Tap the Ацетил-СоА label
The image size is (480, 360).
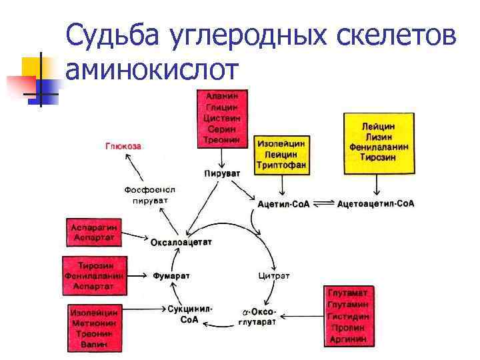click(x=284, y=203)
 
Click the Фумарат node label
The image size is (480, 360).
click(x=172, y=275)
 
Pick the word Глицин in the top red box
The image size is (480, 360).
click(x=223, y=107)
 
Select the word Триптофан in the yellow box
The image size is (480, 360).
click(x=281, y=165)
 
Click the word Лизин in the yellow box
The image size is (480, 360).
click(x=378, y=136)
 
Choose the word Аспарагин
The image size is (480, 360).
click(x=93, y=227)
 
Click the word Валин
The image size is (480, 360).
click(x=95, y=345)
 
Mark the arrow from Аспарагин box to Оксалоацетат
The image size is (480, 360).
click(x=135, y=235)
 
